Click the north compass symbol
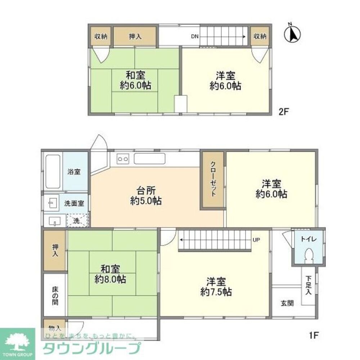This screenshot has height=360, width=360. (x=292, y=33)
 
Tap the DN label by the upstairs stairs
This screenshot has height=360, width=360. (x=195, y=36)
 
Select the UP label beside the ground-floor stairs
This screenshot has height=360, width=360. (x=256, y=240)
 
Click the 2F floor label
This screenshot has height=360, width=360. (x=284, y=112)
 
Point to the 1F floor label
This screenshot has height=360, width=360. (x=314, y=336)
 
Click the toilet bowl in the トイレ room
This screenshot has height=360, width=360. (x=309, y=256)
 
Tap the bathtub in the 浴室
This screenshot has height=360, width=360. (x=53, y=171)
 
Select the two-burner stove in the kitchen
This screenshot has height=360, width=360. (x=123, y=159)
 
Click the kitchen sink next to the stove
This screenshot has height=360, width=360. (x=149, y=159)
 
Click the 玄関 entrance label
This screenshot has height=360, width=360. (x=287, y=303)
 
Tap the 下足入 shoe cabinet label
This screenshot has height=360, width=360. (x=309, y=285)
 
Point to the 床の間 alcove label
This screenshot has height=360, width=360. (x=55, y=296)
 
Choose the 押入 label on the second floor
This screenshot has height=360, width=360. (x=135, y=36)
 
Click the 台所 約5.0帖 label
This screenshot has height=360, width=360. (x=146, y=195)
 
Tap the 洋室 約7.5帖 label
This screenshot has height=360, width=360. (x=216, y=286)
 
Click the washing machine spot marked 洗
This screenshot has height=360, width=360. (x=76, y=221)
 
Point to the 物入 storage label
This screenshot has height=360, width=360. (x=55, y=328)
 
